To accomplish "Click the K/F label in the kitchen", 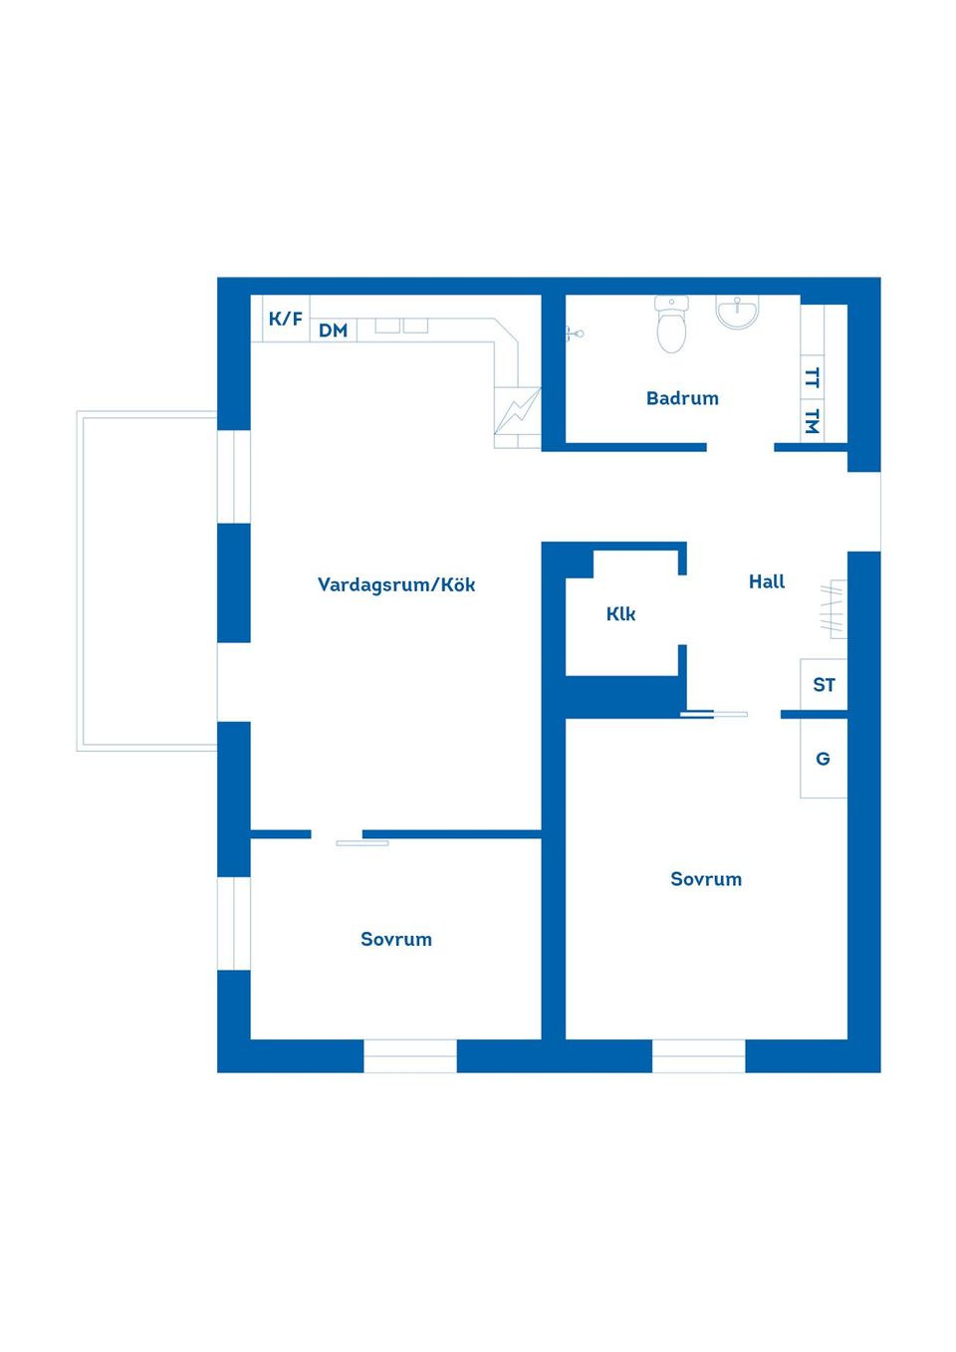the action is [286, 319].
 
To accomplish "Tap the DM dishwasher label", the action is [334, 331].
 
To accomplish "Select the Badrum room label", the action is [682, 398].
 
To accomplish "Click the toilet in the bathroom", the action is [671, 325].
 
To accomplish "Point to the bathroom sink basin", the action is [737, 312].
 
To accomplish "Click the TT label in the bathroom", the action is [813, 378].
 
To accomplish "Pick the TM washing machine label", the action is [813, 421].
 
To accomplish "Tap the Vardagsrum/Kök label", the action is [396, 584].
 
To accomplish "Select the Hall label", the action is [767, 581].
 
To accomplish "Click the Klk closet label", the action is [620, 614].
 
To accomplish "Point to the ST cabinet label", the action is [824, 685].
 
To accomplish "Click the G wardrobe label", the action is [823, 759].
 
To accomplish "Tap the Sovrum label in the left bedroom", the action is [396, 939].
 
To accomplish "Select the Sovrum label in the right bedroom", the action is [706, 879].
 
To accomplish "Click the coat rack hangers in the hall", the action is [833, 609].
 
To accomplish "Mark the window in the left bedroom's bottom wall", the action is [410, 1056].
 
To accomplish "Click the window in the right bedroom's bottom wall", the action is [699, 1056].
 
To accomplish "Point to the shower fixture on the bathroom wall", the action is [575, 333].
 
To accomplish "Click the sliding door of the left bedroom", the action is [362, 843].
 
